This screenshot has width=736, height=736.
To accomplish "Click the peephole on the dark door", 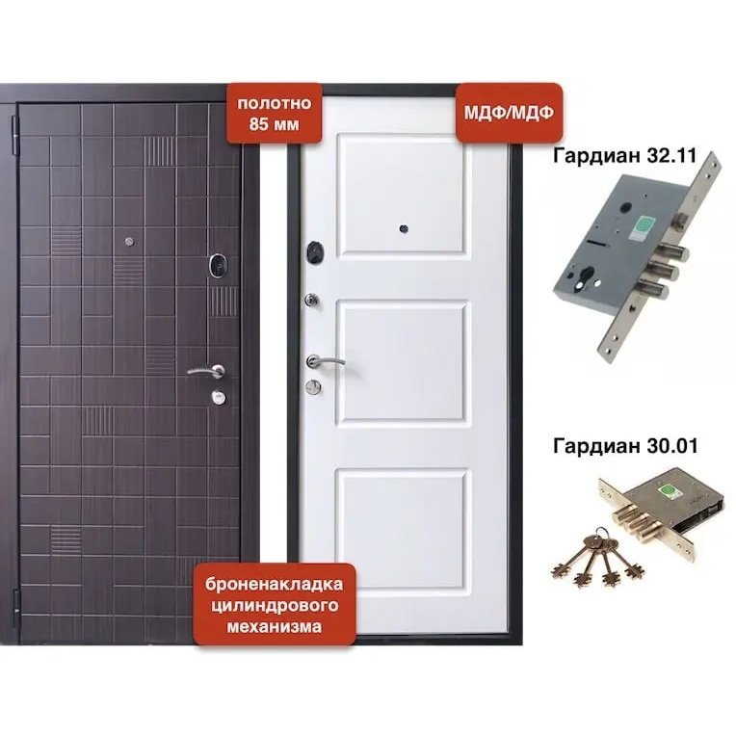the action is click(129, 242).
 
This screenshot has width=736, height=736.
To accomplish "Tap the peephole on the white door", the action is click(404, 229).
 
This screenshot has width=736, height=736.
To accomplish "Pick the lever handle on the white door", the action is click(324, 361).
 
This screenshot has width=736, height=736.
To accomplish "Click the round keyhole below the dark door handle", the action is click(219, 397).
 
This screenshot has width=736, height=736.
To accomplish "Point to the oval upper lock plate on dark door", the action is click(218, 265).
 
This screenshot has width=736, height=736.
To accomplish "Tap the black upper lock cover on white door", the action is click(315, 252).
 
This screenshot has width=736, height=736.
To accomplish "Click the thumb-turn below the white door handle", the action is click(313, 386).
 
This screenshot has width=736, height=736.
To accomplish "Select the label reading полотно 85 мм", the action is click(275, 113).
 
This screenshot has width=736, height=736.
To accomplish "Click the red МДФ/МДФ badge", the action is click(510, 113).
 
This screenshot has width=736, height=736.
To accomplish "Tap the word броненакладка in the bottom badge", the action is click(275, 585).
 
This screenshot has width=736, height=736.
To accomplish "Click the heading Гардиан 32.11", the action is click(625, 155).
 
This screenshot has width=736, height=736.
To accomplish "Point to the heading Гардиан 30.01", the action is click(625, 445).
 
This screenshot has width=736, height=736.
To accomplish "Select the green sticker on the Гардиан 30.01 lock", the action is click(669, 491).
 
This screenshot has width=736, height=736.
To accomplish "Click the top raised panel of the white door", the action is click(403, 195).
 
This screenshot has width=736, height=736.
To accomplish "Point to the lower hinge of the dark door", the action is click(16, 602).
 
